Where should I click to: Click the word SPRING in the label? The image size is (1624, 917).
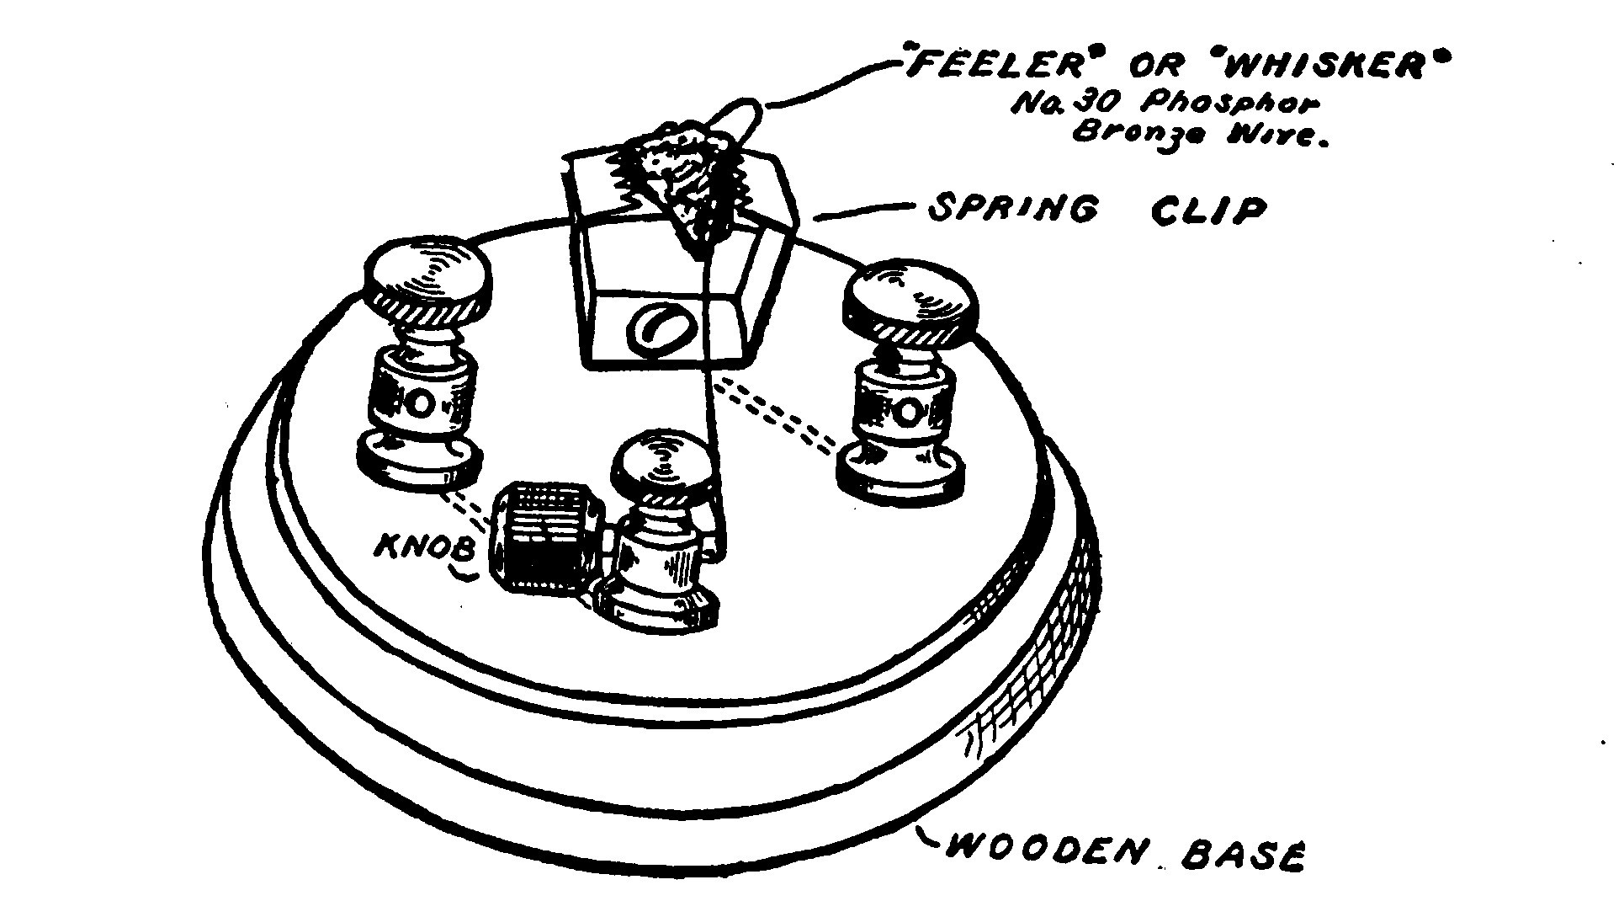pos(1013,208)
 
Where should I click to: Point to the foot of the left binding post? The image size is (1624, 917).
pos(420,461)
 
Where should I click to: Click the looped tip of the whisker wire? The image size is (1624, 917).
pos(746,117)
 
